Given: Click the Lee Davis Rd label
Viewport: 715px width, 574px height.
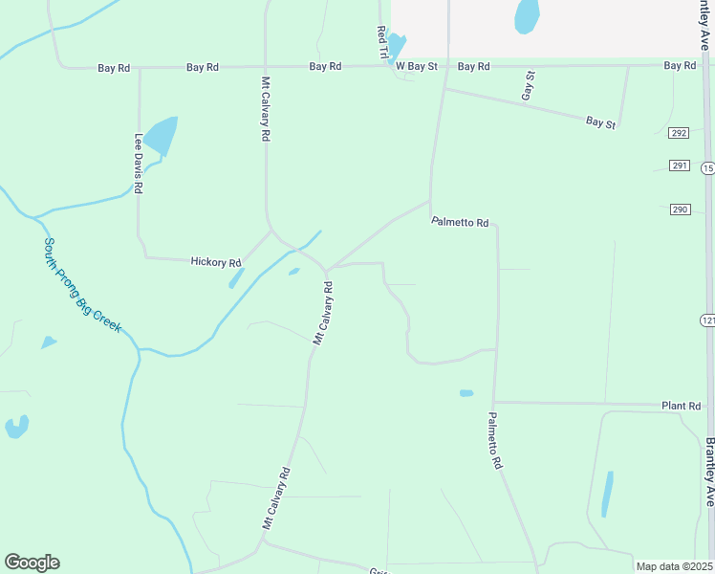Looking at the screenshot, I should [139, 164].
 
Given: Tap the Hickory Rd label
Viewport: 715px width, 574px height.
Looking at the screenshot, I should [215, 261].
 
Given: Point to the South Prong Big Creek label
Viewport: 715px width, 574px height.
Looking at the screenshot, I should [82, 285].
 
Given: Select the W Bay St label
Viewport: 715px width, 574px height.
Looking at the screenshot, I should [417, 66].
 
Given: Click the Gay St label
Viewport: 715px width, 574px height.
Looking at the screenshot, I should [527, 85].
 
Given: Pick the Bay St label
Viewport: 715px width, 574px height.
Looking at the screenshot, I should [600, 122].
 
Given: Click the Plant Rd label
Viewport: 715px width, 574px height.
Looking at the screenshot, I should [681, 406].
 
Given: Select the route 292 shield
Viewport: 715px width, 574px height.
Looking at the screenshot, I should [679, 133].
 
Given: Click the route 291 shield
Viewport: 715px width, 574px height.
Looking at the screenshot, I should [679, 166].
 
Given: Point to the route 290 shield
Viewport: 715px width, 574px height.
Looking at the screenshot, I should [679, 210].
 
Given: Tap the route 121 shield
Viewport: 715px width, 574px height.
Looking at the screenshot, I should [706, 319].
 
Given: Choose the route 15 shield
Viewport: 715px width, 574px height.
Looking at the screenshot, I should [707, 168].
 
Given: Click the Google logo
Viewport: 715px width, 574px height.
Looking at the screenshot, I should [32, 563].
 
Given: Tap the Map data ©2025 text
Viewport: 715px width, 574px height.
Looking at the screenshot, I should [674, 566].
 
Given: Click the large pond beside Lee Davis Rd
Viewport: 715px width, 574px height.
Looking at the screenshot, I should [161, 136].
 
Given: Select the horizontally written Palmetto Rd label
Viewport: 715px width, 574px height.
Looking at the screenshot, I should [460, 222].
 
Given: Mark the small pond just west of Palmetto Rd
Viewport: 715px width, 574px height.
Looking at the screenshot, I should [466, 393].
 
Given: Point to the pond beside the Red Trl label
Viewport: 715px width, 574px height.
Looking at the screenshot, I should [396, 45].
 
